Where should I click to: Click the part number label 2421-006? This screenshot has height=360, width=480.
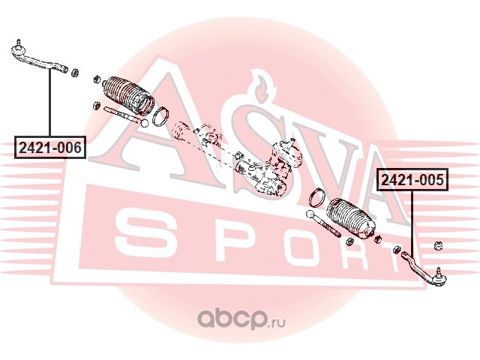(49, 147)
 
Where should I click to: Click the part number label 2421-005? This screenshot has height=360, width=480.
(412, 180)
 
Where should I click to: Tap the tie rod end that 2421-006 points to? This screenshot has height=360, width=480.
(37, 57)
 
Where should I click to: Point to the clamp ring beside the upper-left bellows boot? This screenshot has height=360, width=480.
(160, 117)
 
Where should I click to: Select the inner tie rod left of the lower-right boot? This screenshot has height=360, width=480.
(323, 221)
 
